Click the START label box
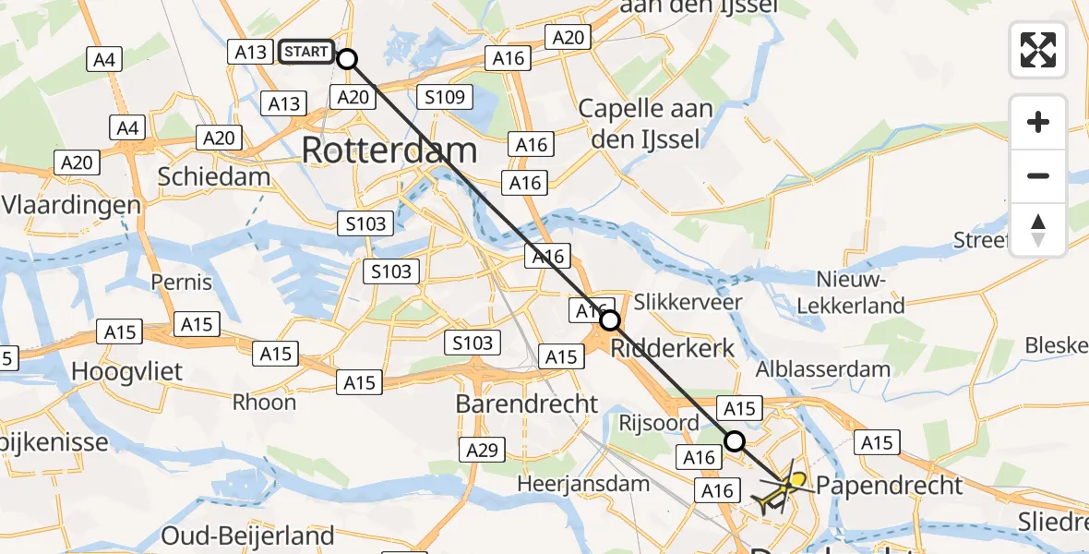pyautogui.click(x=306, y=52)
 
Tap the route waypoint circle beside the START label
pyautogui.click(x=347, y=59)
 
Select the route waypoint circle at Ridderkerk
pyautogui.click(x=610, y=321)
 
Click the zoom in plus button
pyautogui.click(x=1038, y=122)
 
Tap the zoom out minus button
pyautogui.click(x=1038, y=175)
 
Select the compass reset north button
pyautogui.click(x=1038, y=230)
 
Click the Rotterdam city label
pyautogui.click(x=389, y=151)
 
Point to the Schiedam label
pyautogui.click(x=214, y=176)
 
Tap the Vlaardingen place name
pyautogui.click(x=71, y=204)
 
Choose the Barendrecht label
pyautogui.click(x=527, y=403)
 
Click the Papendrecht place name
pyautogui.click(x=890, y=485)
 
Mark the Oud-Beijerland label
pyautogui.click(x=247, y=536)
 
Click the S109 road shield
pyautogui.click(x=445, y=97)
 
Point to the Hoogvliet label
pyautogui.click(x=128, y=372)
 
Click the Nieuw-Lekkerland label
pyautogui.click(x=860, y=292)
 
